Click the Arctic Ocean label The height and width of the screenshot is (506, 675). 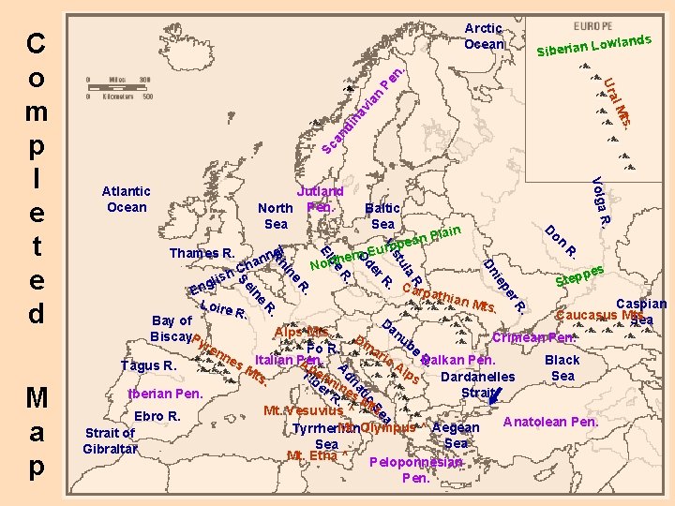click(484, 37)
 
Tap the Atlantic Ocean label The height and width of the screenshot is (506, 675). click(126, 199)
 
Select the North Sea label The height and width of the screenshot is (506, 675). click(276, 216)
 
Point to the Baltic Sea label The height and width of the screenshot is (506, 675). click(382, 216)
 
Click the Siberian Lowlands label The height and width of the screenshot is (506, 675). click(594, 44)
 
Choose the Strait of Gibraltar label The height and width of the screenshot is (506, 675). click(109, 440)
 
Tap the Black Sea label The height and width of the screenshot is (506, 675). click(562, 367)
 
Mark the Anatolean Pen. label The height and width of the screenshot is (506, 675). click(551, 422)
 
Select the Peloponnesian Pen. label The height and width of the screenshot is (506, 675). click(415, 469)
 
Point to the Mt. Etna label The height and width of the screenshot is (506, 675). click(311, 456)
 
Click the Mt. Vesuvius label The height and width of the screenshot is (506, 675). click(302, 410)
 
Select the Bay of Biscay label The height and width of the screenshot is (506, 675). click(172, 329)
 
